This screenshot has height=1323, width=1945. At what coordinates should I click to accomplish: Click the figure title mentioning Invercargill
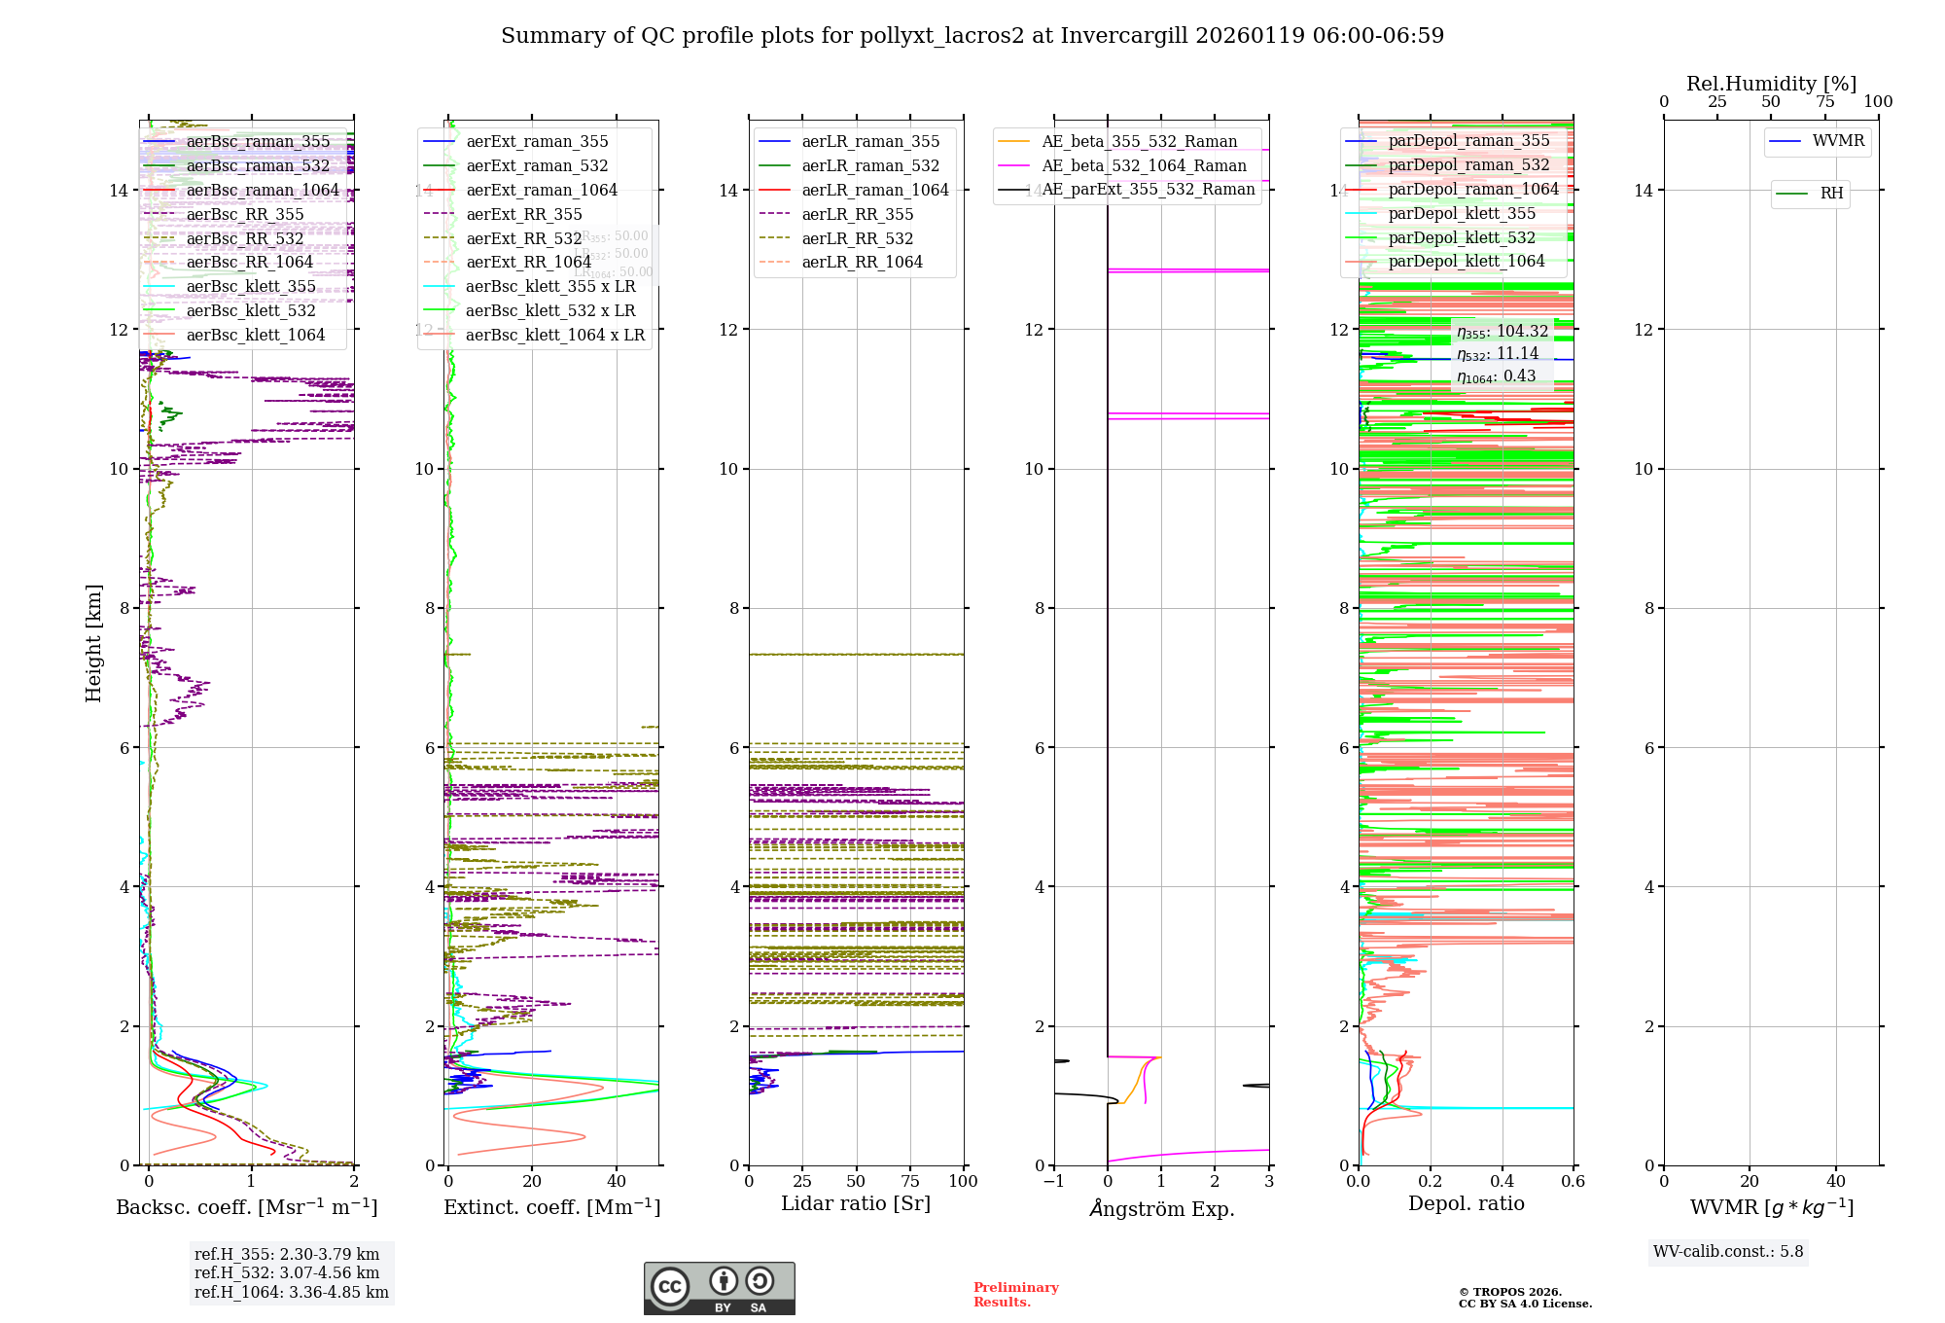pyautogui.click(x=972, y=36)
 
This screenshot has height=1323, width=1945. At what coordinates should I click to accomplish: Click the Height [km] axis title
pyautogui.click(x=93, y=643)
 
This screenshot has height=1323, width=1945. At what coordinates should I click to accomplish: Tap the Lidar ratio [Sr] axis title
pyautogui.click(x=856, y=1204)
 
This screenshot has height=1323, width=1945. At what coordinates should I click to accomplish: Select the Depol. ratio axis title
pyautogui.click(x=1466, y=1204)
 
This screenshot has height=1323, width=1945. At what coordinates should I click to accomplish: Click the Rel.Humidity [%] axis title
pyautogui.click(x=1771, y=84)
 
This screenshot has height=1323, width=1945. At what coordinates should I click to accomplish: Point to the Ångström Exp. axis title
pyautogui.click(x=1161, y=1209)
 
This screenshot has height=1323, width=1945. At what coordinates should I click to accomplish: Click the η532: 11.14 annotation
pyautogui.click(x=1498, y=354)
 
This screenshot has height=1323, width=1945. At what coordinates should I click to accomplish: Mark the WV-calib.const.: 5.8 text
pyautogui.click(x=1728, y=1252)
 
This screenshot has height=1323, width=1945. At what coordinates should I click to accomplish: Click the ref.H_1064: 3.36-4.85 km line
pyautogui.click(x=291, y=1293)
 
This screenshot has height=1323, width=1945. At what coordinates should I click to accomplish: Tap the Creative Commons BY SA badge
pyautogui.click(x=719, y=1289)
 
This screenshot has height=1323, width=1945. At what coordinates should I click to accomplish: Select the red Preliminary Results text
pyautogui.click(x=1015, y=1295)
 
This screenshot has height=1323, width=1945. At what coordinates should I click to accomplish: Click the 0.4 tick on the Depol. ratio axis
pyautogui.click(x=1502, y=1182)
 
